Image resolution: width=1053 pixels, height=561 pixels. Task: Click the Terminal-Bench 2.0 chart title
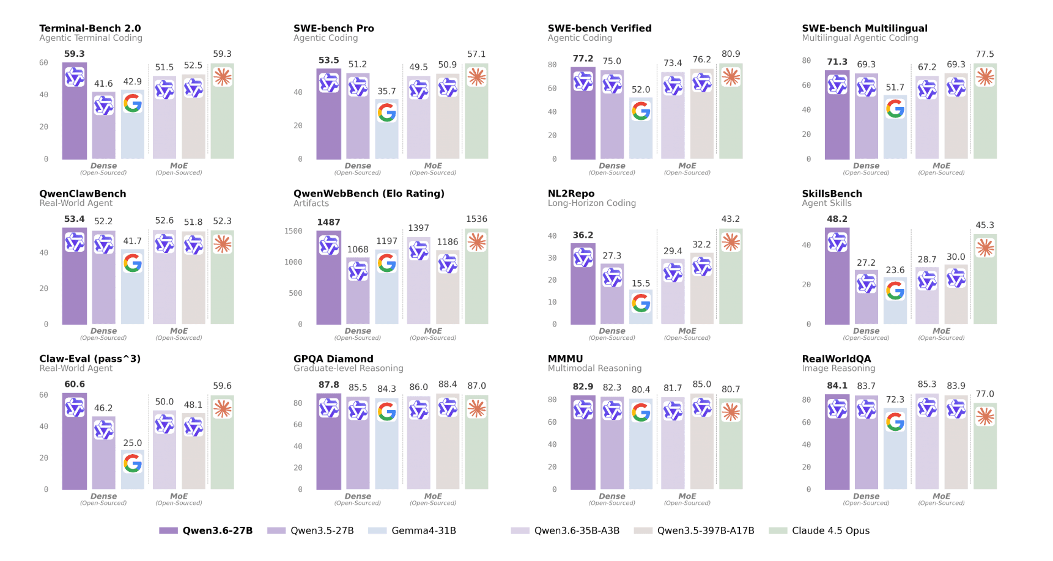[x=90, y=28]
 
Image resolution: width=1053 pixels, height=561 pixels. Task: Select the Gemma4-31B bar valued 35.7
[x=386, y=130]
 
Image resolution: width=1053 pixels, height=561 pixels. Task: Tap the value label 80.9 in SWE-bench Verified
[x=731, y=54]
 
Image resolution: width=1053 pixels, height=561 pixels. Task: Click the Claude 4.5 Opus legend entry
[x=819, y=530]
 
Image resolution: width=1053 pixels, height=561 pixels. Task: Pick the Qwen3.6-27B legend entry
[x=206, y=530]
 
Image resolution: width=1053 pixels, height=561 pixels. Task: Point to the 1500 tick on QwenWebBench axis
[x=293, y=231]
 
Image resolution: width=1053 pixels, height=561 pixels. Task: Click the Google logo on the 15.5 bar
[x=641, y=303]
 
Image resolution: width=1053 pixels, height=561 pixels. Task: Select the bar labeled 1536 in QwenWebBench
[x=476, y=278]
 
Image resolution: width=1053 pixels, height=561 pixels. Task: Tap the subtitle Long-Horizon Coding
[x=591, y=203]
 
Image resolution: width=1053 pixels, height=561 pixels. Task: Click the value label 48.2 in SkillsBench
[x=837, y=219]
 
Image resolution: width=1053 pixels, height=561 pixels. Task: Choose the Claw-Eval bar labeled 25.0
[x=133, y=471]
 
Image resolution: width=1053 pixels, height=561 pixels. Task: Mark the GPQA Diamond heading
[x=333, y=359]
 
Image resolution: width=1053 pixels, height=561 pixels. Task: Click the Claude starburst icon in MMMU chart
[x=731, y=413]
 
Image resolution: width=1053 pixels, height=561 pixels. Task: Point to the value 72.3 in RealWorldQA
[x=895, y=399]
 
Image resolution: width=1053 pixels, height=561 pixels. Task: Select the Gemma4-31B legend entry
[x=413, y=530]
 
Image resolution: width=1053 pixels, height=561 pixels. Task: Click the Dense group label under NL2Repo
[x=612, y=331]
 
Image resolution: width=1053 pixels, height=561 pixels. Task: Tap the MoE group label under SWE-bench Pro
[x=433, y=166]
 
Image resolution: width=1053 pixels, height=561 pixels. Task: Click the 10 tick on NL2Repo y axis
[x=552, y=302]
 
